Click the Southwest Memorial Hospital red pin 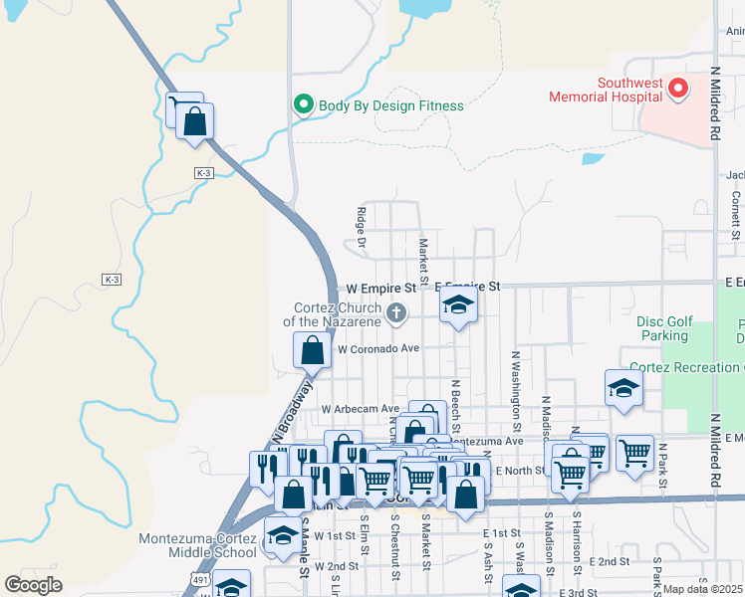point(678,90)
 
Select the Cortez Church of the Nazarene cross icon point(396,314)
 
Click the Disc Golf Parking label point(662,329)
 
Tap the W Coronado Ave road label point(378,349)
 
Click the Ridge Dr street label point(362,228)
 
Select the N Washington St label point(517,390)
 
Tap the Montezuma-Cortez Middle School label point(198,545)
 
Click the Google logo point(33,585)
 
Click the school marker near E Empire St point(458,305)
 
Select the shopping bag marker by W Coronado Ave point(313,350)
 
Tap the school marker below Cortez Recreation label point(623,388)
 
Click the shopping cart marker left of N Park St point(634,454)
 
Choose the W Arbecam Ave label point(360,409)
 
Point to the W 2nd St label point(335,566)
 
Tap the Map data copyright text point(703,589)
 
